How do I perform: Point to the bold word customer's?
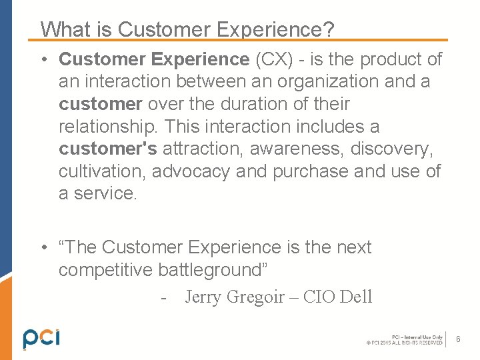pos(107,149)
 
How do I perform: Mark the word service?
pos(106,194)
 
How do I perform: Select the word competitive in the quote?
pos(106,270)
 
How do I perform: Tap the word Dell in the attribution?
pos(356,297)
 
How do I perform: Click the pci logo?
pos(41,338)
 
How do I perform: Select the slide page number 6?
pos(459,340)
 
